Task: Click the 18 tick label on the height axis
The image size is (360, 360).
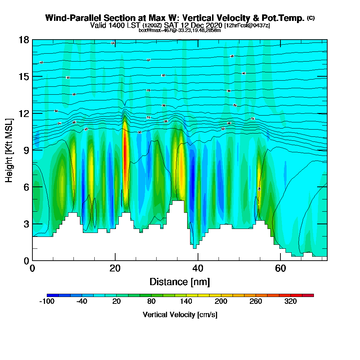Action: pyautogui.click(x=23, y=40)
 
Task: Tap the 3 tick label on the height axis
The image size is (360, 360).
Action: pyautogui.click(x=26, y=224)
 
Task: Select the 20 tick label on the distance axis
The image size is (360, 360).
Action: pyautogui.click(x=115, y=268)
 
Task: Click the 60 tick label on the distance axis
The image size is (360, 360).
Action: pyautogui.click(x=280, y=268)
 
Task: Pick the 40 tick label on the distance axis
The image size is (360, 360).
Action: pyautogui.click(x=198, y=268)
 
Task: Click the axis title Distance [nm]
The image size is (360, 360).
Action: pyautogui.click(x=180, y=281)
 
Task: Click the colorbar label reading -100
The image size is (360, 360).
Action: pyautogui.click(x=46, y=302)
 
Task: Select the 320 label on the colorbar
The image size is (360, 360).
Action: pyautogui.click(x=290, y=302)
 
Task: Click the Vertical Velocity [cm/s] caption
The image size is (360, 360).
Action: pyautogui.click(x=180, y=315)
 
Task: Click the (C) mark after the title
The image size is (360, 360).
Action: pyautogui.click(x=311, y=18)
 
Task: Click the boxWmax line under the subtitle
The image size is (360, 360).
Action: pyautogui.click(x=180, y=30)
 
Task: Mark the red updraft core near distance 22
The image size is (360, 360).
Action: pyautogui.click(x=125, y=151)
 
